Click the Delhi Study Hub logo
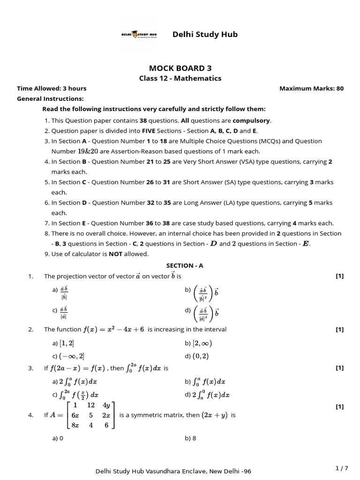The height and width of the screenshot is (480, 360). point(139,35)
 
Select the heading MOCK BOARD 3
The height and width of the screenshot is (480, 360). point(180,68)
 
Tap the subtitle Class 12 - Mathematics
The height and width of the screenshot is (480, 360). point(180,78)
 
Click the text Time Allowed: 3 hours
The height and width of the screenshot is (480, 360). point(52,89)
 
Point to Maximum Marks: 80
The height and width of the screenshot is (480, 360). point(311,89)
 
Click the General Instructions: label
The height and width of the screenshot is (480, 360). point(50,99)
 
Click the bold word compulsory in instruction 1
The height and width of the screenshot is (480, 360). point(254,120)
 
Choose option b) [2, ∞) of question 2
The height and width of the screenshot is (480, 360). point(197,343)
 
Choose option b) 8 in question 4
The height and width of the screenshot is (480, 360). point(190,439)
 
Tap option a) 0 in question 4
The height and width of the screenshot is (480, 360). point(58,439)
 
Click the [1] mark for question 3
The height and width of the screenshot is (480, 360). point(340,368)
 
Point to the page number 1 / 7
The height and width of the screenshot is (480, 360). point(342,468)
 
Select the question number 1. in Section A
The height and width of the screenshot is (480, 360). point(31,277)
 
